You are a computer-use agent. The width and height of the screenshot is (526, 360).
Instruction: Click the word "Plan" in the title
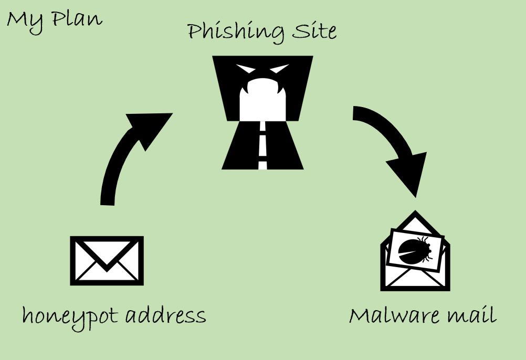click(77, 19)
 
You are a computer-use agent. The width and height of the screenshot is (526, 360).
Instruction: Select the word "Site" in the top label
click(314, 31)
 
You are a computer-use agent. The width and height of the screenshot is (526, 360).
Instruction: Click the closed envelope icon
click(107, 261)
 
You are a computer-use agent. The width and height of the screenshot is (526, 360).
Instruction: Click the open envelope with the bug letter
click(415, 251)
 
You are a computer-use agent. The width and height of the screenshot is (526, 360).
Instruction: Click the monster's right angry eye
click(280, 69)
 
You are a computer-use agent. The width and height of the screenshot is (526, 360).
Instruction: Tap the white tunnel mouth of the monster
click(262, 101)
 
